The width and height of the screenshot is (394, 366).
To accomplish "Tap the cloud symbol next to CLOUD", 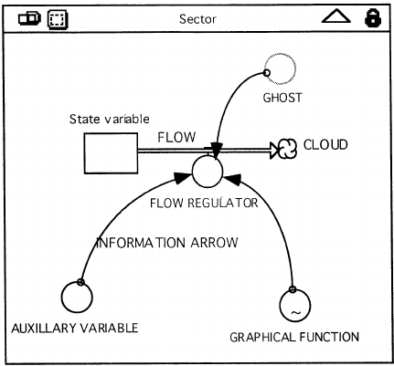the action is click(287, 149).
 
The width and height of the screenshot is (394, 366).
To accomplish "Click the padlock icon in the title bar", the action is click(373, 18).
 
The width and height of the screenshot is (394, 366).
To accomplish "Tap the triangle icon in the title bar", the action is click(336, 22).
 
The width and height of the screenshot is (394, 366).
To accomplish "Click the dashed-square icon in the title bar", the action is click(58, 19).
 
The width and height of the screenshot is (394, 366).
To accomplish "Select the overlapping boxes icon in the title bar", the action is click(29, 18).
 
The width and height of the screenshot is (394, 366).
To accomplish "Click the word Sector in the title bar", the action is click(197, 19).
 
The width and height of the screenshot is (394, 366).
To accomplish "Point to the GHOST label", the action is click(282, 98).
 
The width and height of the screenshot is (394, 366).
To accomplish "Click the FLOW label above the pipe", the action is click(176, 138).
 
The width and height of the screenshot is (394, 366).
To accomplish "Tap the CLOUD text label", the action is click(325, 144).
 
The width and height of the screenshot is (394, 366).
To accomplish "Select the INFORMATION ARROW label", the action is click(167, 243).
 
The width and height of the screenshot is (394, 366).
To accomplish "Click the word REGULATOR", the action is click(223, 203).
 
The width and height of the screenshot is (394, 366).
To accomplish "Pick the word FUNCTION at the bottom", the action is click(329, 337).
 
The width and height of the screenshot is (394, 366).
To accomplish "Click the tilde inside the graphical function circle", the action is click(295, 312).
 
